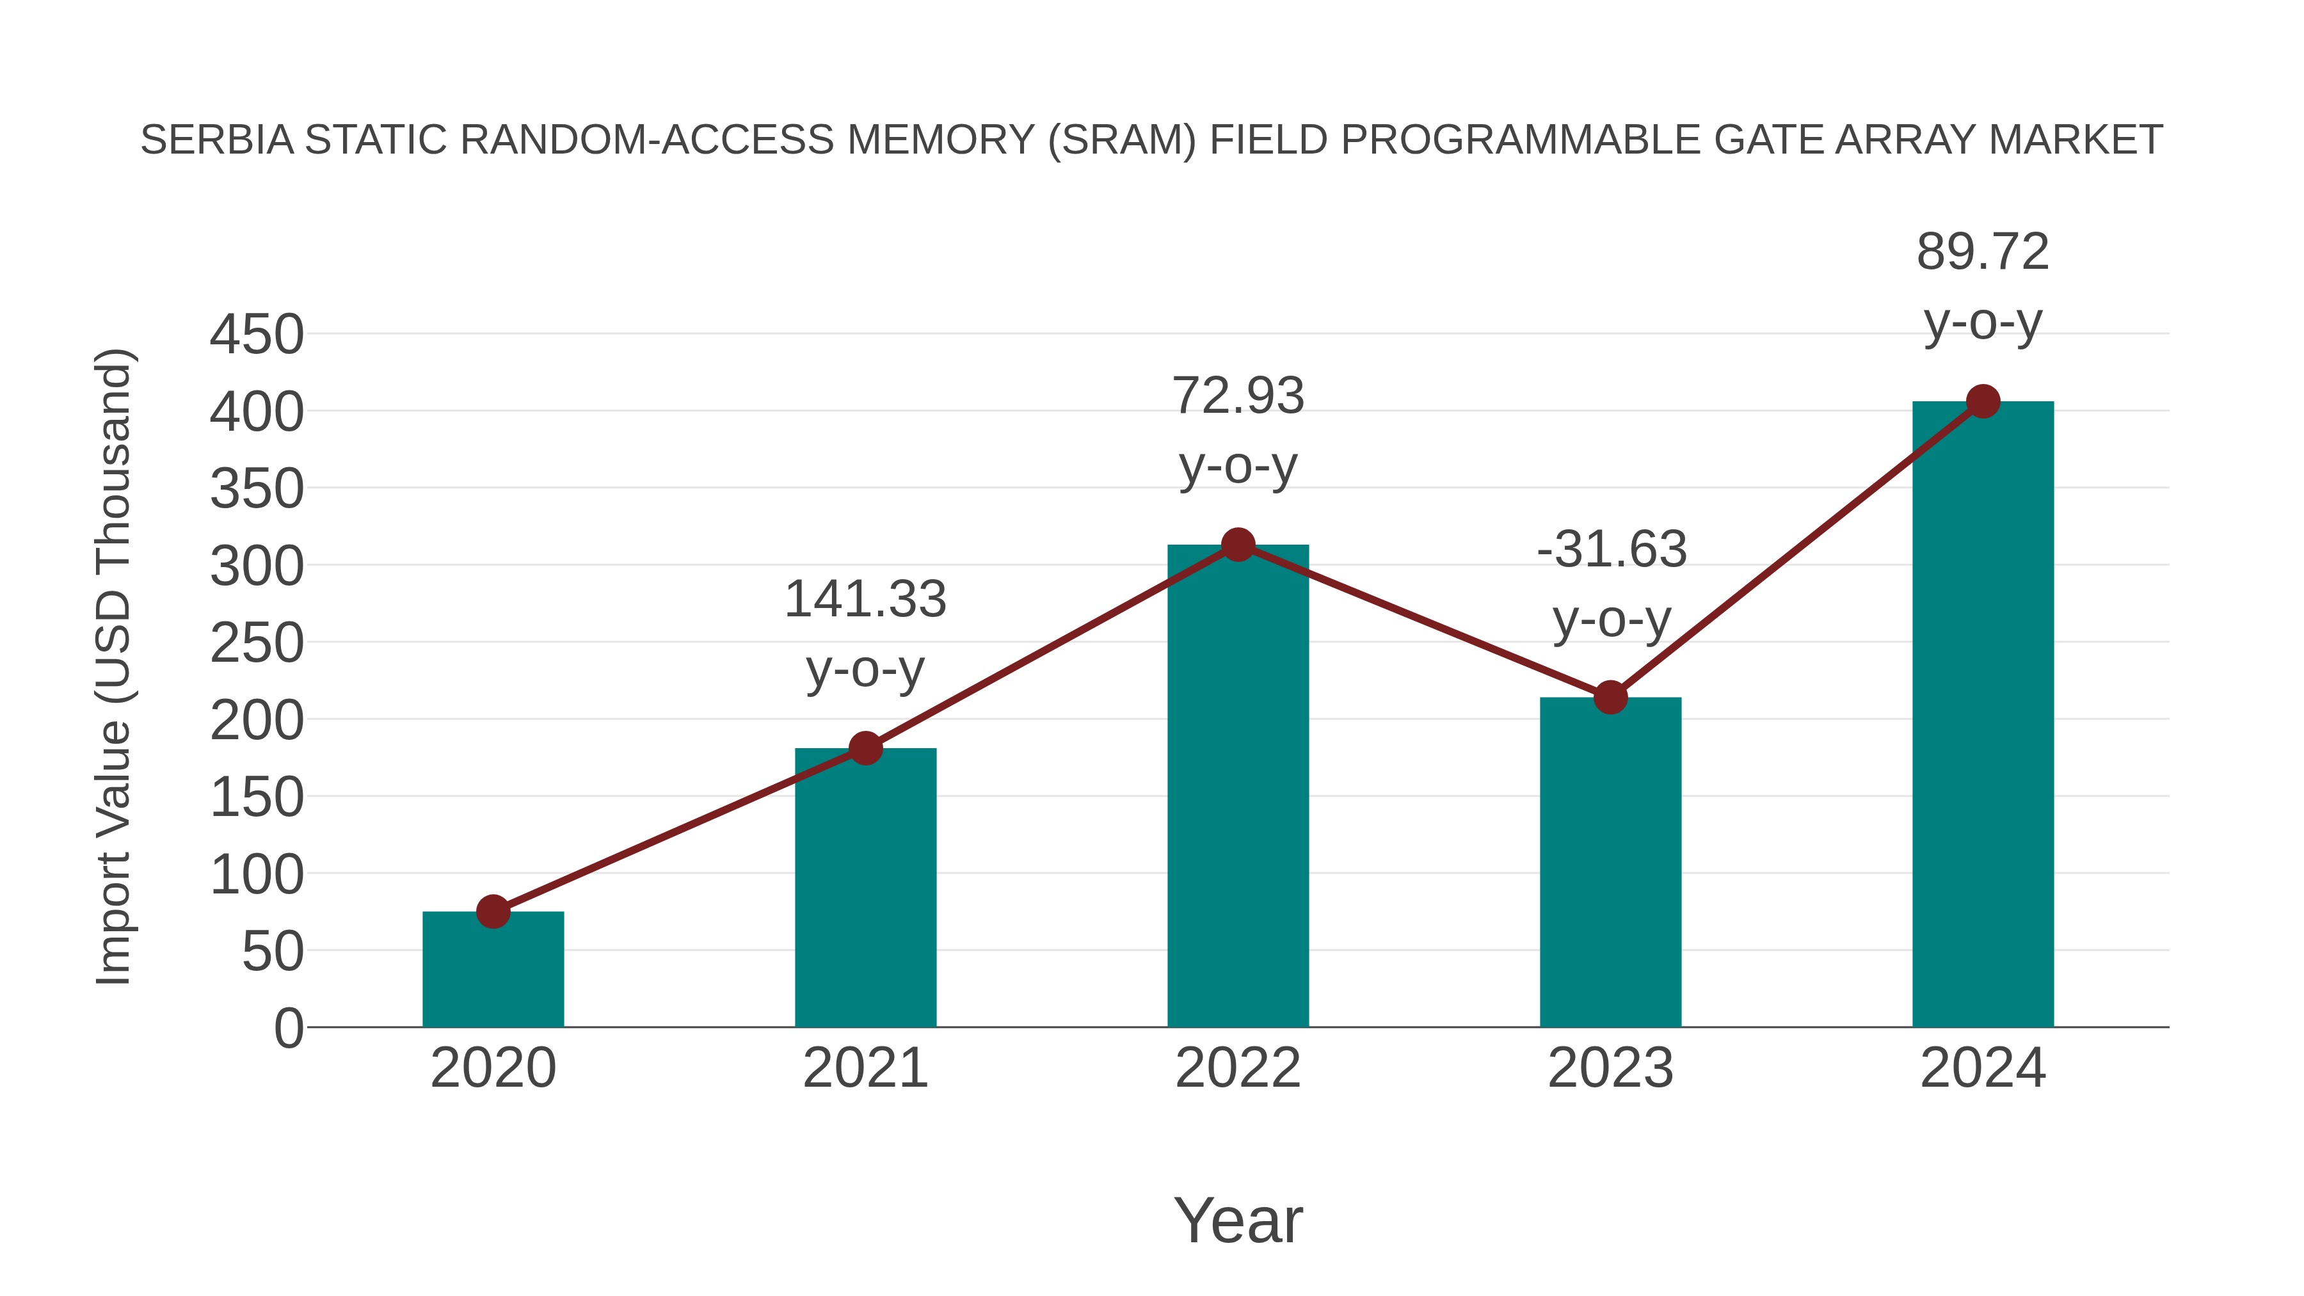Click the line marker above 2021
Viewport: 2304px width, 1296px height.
click(865, 748)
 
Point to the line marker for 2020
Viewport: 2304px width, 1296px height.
click(493, 911)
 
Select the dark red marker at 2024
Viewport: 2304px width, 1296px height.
click(1983, 401)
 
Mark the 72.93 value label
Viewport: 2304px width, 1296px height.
click(1238, 396)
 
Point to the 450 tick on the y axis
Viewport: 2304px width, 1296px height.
click(257, 335)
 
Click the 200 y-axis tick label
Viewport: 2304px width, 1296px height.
click(257, 721)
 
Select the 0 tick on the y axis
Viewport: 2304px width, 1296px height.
click(288, 1028)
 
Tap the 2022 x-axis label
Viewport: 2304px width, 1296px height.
click(1238, 1068)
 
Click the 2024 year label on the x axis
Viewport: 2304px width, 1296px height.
click(1983, 1068)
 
